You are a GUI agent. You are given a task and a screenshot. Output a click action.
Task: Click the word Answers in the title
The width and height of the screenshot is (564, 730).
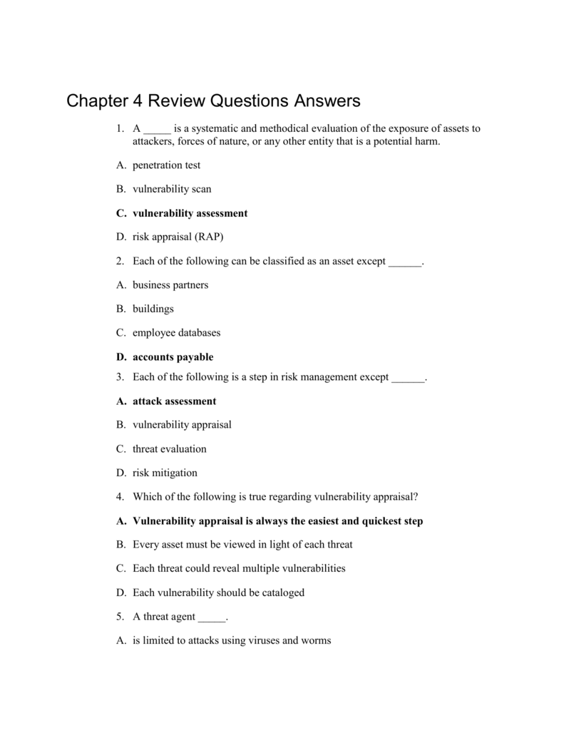(327, 101)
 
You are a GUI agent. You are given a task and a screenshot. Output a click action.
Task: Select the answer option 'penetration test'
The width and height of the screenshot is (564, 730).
(166, 165)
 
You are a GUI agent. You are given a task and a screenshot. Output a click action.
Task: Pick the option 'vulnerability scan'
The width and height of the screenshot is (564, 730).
(171, 190)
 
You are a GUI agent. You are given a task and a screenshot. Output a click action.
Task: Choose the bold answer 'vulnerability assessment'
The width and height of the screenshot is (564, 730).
(190, 213)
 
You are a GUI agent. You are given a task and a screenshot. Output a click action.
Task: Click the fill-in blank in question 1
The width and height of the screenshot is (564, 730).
(157, 130)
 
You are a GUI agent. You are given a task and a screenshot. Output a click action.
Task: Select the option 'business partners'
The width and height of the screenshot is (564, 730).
(170, 285)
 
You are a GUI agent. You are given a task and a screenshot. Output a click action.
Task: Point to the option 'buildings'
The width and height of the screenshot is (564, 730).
(153, 309)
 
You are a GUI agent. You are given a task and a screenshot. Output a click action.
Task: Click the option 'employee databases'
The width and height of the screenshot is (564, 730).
(176, 333)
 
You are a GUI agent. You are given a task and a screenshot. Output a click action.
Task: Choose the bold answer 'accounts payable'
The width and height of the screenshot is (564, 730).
(173, 357)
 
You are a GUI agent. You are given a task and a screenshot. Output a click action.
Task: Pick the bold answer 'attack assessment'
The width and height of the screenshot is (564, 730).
(174, 401)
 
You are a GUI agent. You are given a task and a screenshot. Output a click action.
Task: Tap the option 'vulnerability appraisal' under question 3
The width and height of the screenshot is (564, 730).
(182, 425)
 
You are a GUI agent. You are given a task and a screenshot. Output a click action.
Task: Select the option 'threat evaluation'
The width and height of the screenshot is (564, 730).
(169, 449)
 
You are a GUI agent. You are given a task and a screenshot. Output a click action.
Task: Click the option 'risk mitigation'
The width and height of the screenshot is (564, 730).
(165, 473)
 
